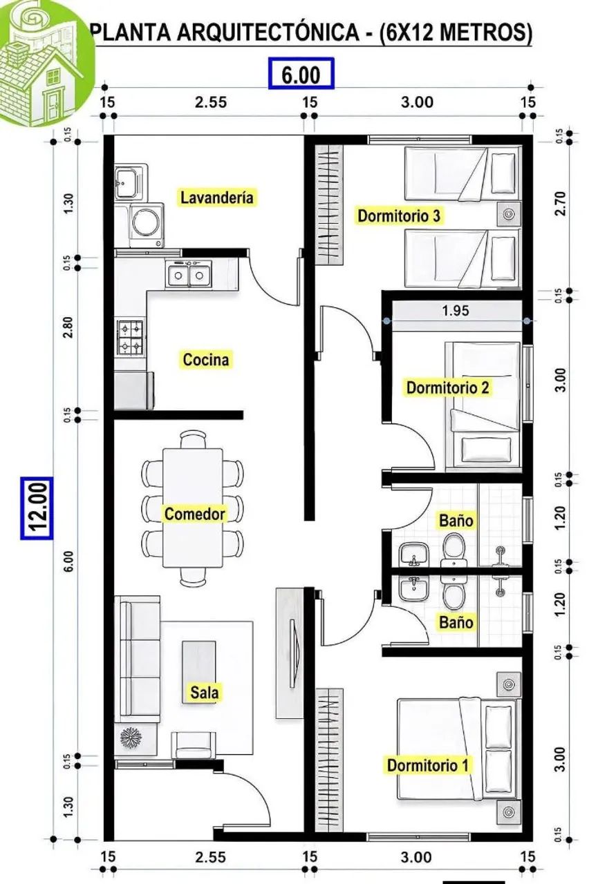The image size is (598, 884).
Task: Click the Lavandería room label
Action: point(216,198)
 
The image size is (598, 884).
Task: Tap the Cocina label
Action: point(206,360)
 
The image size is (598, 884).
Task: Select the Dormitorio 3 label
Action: point(398,216)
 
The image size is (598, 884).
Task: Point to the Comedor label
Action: point(195,514)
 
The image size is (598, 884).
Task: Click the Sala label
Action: point(204,692)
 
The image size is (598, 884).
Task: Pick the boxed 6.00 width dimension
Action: point(301,73)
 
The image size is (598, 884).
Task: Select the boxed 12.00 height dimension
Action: point(37,508)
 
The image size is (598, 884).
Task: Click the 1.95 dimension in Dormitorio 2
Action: point(456,311)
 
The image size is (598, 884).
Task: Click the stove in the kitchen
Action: point(130,336)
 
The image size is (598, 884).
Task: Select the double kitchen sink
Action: point(189,273)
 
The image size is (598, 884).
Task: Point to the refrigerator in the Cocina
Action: point(134,390)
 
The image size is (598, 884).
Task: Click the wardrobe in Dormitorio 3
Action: point(329,204)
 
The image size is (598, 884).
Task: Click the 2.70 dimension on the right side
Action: point(560,204)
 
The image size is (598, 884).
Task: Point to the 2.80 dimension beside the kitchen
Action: point(68,327)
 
